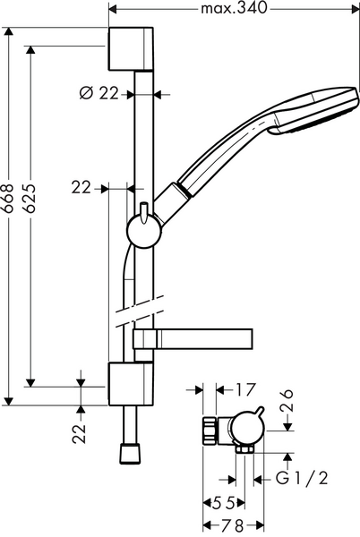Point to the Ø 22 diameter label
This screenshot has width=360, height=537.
100,92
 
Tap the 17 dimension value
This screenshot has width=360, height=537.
245,389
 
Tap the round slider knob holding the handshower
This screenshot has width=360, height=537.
143,231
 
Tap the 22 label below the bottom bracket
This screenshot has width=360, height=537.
80,433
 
